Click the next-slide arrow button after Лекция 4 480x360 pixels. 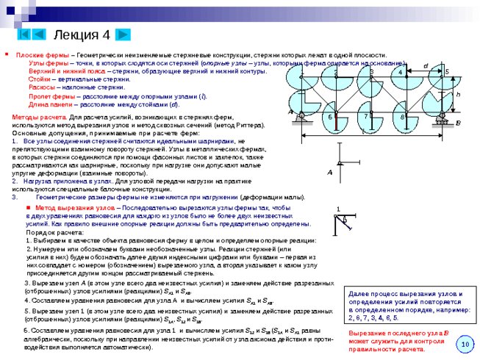123,35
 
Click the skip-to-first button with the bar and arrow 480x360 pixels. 24,35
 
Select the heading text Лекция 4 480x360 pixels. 81,35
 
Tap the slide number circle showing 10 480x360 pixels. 465,344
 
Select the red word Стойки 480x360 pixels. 40,79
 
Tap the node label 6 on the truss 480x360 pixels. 330,118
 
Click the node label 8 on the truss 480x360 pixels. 403,117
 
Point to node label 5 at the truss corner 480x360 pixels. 446,72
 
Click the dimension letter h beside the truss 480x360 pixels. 457,94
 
